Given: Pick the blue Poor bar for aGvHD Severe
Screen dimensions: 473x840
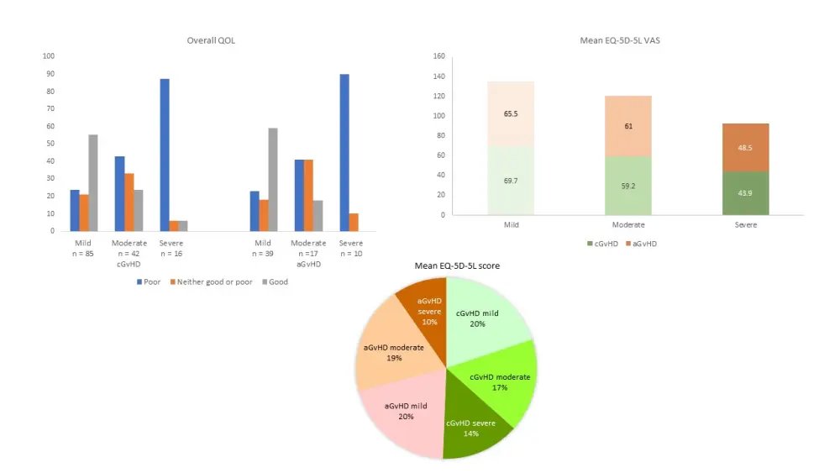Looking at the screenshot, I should coord(344,152).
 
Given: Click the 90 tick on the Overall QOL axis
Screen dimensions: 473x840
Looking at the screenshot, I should coord(49,74).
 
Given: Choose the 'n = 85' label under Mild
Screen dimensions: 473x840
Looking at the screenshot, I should coord(84,253).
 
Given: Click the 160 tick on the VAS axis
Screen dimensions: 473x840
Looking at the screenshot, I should coord(438,56).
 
